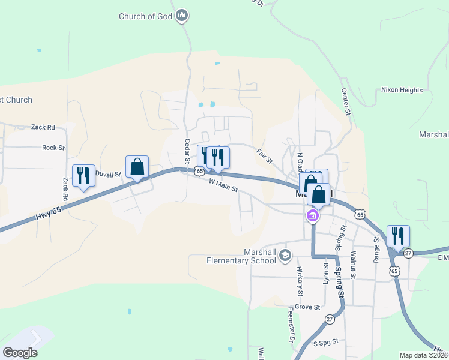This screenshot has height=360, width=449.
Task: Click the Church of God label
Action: pyautogui.click(x=145, y=16)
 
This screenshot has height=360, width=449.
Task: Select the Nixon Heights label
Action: pyautogui.click(x=402, y=90)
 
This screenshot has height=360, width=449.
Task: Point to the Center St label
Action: pyautogui.click(x=345, y=101)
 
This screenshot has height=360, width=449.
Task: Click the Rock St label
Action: pyautogui.click(x=53, y=148)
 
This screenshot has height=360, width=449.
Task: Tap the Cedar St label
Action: pyautogui.click(x=187, y=151)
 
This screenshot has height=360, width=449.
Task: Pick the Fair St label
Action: pyautogui.click(x=264, y=157)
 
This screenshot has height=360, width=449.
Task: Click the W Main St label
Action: pyautogui.click(x=223, y=185)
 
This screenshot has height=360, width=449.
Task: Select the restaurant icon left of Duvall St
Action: pyautogui.click(x=83, y=175)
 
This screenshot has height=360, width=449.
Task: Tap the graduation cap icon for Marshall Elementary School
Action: pyautogui.click(x=285, y=256)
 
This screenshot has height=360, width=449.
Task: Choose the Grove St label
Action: pyautogui.click(x=307, y=307)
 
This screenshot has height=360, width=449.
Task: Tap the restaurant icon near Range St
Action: pyautogui.click(x=398, y=236)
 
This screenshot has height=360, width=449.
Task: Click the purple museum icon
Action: pyautogui.click(x=312, y=215)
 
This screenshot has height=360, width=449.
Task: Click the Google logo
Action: pyautogui.click(x=20, y=353)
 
